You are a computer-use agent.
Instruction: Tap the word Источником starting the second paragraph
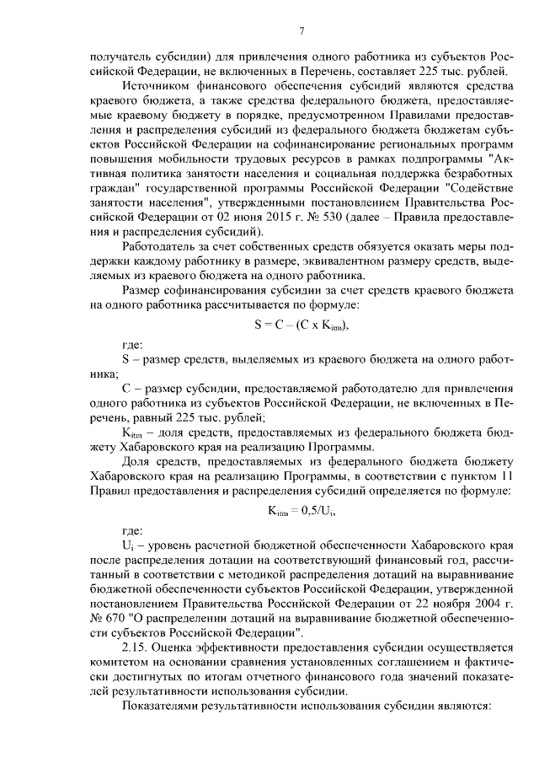pyautogui.click(x=152, y=85)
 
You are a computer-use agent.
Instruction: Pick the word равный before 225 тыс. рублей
pyautogui.click(x=151, y=416)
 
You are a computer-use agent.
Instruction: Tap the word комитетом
pyautogui.click(x=117, y=664)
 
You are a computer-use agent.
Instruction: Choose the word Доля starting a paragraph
pyautogui.click(x=136, y=464)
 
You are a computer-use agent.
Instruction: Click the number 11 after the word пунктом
pyautogui.click(x=504, y=479)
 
